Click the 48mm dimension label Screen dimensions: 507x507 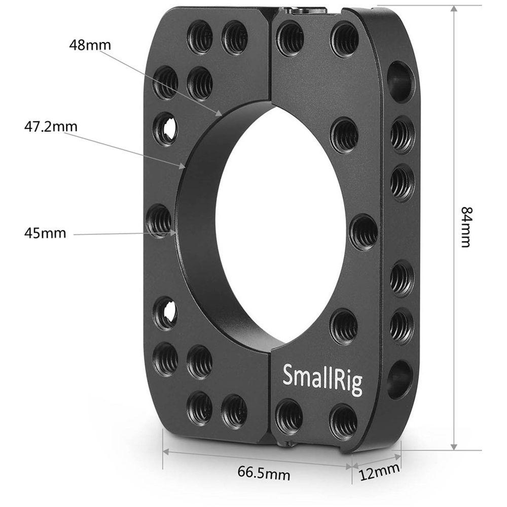(x=90, y=45)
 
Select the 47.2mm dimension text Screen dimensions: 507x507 (x=51, y=125)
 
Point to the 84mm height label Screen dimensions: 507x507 (x=465, y=227)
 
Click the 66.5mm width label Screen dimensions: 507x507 (x=264, y=474)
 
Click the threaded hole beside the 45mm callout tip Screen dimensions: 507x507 (x=160, y=222)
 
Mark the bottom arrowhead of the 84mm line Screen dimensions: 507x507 (x=454, y=446)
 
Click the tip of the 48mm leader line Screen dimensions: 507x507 (x=220, y=114)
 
